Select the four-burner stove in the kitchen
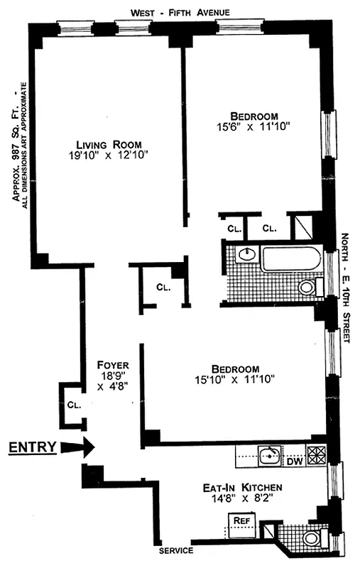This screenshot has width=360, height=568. (317, 454)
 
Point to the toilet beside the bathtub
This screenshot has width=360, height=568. (307, 288)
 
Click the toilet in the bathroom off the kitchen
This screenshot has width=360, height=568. (311, 538)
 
